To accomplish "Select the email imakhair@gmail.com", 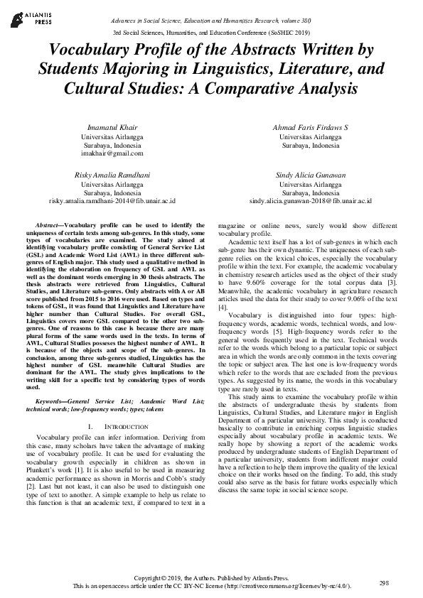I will pyautogui.click(x=112, y=153).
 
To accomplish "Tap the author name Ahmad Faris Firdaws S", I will pyautogui.click(x=310, y=126).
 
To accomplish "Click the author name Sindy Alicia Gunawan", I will pyautogui.click(x=310, y=175).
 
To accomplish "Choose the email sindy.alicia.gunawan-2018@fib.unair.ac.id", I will pyautogui.click(x=310, y=201).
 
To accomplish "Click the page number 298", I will pyautogui.click(x=385, y=583).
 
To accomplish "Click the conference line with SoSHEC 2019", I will pyautogui.click(x=211, y=33).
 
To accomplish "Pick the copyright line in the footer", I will pyautogui.click(x=211, y=577).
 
